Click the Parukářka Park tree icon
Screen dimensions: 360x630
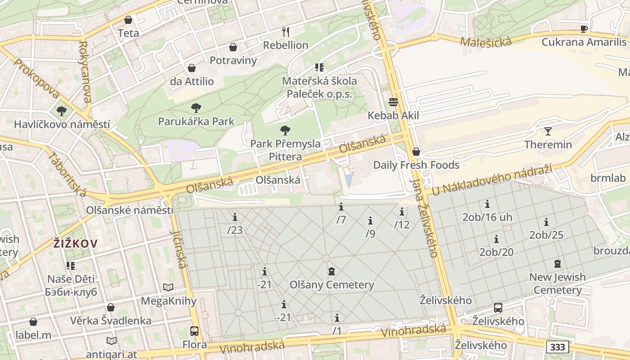(x=196, y=108)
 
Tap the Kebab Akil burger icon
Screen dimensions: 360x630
(x=393, y=102)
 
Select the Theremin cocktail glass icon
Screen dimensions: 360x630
(x=548, y=131)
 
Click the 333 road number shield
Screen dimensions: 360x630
(x=558, y=347)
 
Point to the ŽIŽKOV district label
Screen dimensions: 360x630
(x=75, y=244)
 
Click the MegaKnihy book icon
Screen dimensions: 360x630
(x=168, y=288)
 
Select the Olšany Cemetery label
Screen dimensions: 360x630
(x=332, y=285)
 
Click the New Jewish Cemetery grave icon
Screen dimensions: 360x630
(x=558, y=264)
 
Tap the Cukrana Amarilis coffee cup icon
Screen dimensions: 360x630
(x=584, y=29)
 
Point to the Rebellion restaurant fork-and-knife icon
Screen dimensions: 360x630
(x=285, y=31)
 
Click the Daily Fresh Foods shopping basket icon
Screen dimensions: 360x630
(x=416, y=152)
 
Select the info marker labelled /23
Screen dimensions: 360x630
(x=234, y=218)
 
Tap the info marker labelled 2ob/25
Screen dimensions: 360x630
(x=546, y=222)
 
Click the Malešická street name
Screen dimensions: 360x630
(x=486, y=41)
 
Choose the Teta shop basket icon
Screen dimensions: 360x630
(x=128, y=20)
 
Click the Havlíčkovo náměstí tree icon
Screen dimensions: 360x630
(x=62, y=111)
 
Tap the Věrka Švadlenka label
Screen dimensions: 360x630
(x=111, y=320)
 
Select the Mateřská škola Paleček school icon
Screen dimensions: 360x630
(x=319, y=67)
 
